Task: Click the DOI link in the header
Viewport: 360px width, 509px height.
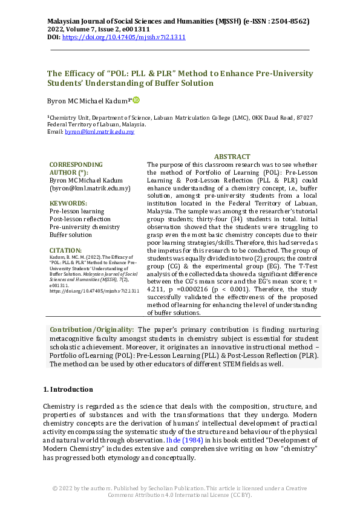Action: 124,37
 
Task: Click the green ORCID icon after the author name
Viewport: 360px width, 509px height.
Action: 136,100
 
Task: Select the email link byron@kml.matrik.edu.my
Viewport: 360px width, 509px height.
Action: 99,131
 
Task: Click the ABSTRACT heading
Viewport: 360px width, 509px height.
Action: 232,157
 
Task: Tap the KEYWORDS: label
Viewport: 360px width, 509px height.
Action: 68,204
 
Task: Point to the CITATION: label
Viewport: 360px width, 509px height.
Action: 65,250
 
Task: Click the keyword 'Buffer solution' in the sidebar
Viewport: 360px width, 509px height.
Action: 71,235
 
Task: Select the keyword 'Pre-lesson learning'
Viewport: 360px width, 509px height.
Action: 77,212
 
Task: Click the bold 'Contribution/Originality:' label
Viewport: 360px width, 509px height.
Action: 92,329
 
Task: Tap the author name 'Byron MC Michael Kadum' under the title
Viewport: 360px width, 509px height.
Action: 88,100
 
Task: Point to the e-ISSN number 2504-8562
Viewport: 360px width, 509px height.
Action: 289,21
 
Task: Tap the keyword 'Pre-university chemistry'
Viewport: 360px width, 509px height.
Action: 85,227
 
